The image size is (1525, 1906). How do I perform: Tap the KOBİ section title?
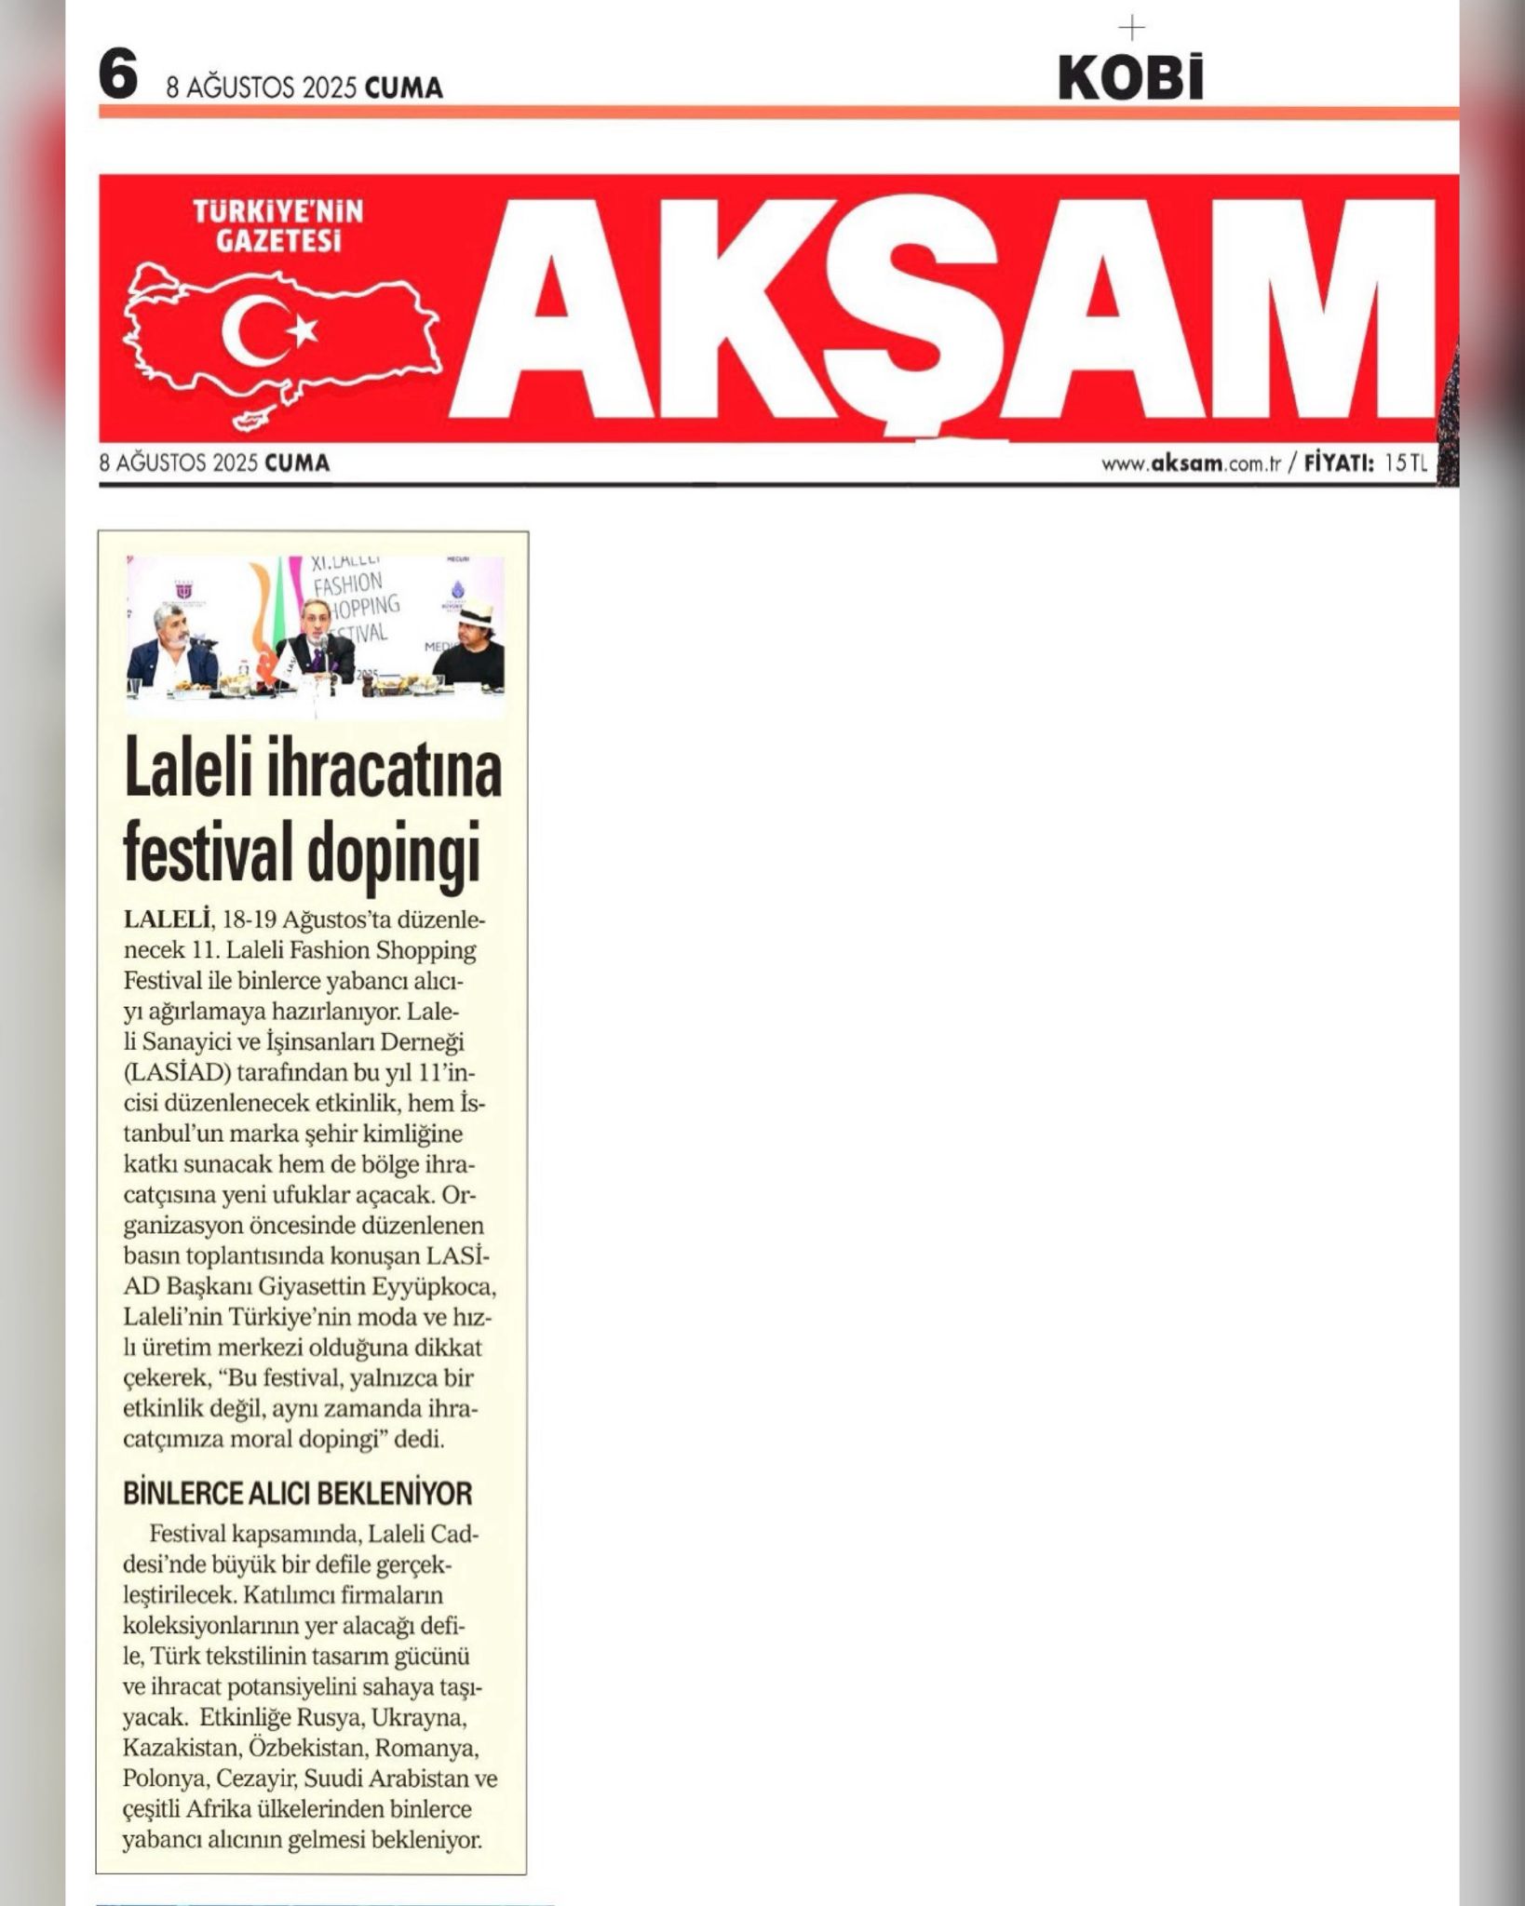coord(1130,79)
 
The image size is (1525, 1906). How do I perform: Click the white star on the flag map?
coord(303,329)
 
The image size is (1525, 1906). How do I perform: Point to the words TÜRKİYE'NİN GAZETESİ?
coord(277,226)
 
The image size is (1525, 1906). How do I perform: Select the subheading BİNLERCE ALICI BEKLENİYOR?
coord(298,1495)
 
